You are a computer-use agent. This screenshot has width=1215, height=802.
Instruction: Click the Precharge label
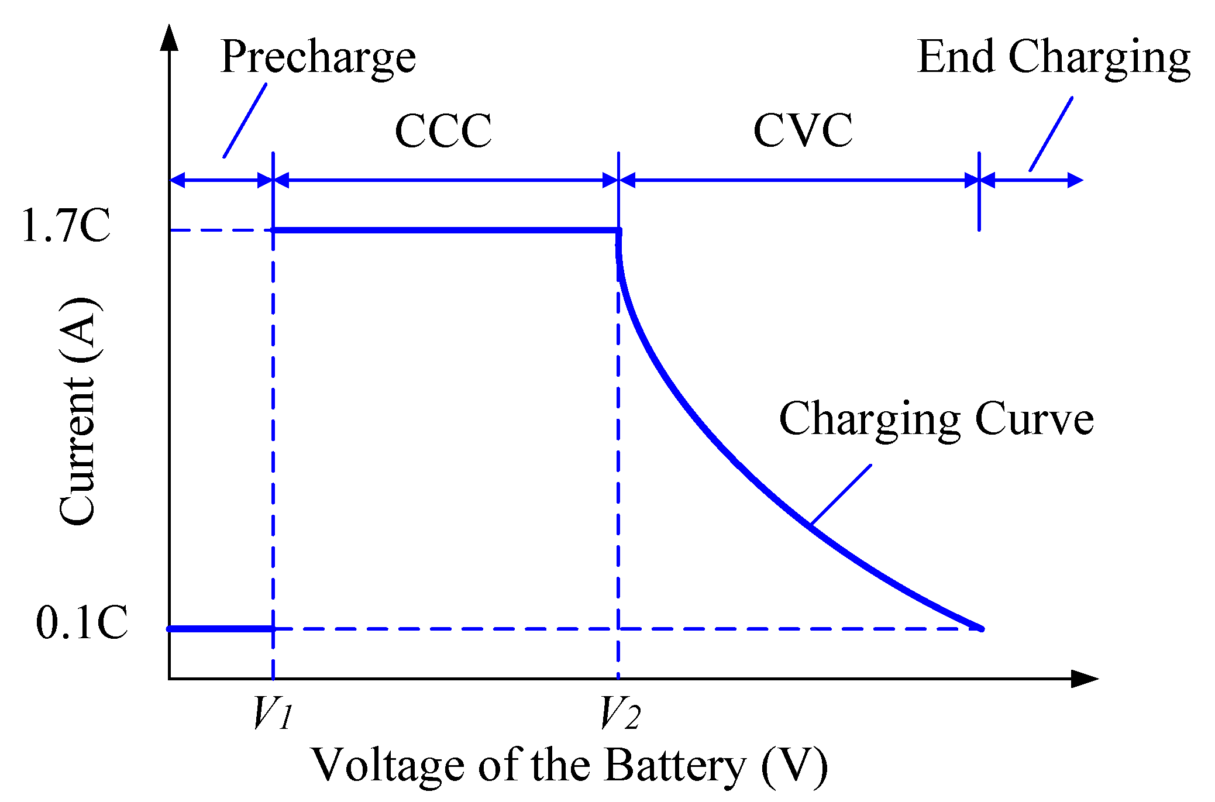coord(318,58)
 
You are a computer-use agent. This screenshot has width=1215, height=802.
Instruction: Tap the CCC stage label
coord(443,130)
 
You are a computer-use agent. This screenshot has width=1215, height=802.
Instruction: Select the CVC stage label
coord(803,130)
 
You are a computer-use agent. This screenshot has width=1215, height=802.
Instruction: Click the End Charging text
coord(1054,58)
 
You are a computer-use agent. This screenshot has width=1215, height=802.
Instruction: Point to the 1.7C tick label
coord(66,226)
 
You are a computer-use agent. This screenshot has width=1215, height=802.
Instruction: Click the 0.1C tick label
coord(81,623)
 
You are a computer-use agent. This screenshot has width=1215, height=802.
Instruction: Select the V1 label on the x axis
coord(271,713)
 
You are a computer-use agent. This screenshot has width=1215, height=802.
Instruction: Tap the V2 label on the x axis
coord(620,713)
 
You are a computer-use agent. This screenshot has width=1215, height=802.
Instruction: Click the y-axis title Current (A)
coord(78,412)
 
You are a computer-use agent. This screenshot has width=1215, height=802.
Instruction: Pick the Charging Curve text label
coord(936,419)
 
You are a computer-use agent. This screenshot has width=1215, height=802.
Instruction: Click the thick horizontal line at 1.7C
coord(445,230)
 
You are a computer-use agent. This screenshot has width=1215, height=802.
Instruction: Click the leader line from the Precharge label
coord(245,121)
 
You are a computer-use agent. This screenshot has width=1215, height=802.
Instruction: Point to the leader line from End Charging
coord(1051,134)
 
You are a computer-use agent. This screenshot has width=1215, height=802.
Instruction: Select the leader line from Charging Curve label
coord(841,495)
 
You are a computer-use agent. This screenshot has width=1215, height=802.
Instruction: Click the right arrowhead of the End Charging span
coord(1076,180)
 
